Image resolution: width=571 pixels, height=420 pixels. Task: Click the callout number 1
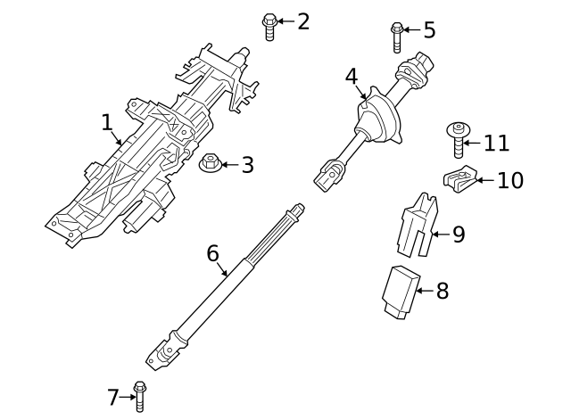pyautogui.click(x=107, y=121)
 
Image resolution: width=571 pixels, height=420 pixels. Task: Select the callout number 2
pyautogui.click(x=303, y=21)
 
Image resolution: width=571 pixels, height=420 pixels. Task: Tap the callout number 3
pyautogui.click(x=247, y=165)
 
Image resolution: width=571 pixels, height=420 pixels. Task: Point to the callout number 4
pyautogui.click(x=352, y=78)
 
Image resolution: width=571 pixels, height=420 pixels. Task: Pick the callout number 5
pyautogui.click(x=429, y=30)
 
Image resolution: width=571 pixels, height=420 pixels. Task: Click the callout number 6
pyautogui.click(x=212, y=253)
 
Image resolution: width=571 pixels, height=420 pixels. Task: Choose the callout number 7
pyautogui.click(x=113, y=397)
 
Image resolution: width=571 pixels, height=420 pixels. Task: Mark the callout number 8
pyautogui.click(x=443, y=291)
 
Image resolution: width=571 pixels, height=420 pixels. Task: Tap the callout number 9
pyautogui.click(x=459, y=235)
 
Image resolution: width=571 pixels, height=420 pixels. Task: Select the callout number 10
pyautogui.click(x=510, y=180)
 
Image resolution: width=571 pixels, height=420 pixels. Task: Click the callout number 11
pyautogui.click(x=496, y=143)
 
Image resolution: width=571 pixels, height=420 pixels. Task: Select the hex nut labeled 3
pyautogui.click(x=210, y=164)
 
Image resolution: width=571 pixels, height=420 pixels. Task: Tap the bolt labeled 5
pyautogui.click(x=397, y=37)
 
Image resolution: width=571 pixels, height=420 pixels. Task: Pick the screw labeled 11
pyautogui.click(x=457, y=140)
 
